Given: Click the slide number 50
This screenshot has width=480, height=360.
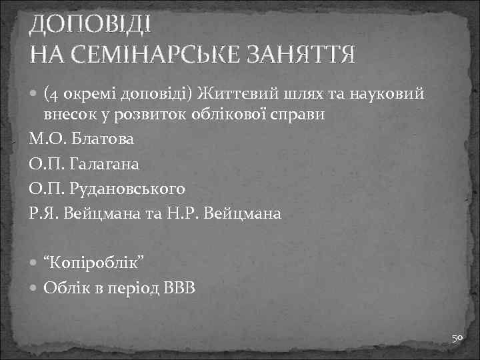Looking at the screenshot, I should click(x=457, y=339).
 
